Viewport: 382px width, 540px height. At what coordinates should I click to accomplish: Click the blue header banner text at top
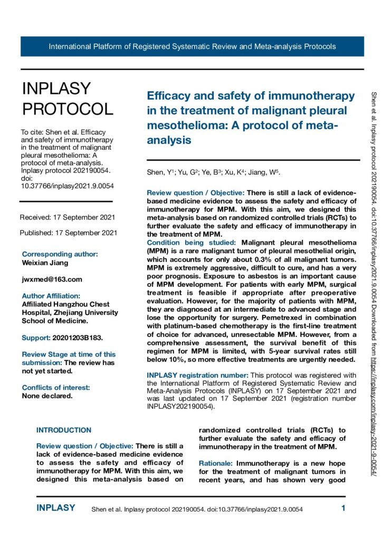tap(192, 46)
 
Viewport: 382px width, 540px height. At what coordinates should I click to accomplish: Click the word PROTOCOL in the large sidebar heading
tap(68, 109)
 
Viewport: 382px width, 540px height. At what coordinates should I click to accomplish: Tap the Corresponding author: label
tap(60, 254)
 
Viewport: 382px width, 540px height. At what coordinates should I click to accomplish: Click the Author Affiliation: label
tap(51, 296)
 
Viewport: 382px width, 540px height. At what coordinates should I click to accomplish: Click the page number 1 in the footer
tap(343, 508)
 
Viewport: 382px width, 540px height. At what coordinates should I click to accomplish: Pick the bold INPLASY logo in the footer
tap(56, 508)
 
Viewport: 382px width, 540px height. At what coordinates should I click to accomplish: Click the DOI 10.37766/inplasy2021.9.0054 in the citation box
tap(66, 186)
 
